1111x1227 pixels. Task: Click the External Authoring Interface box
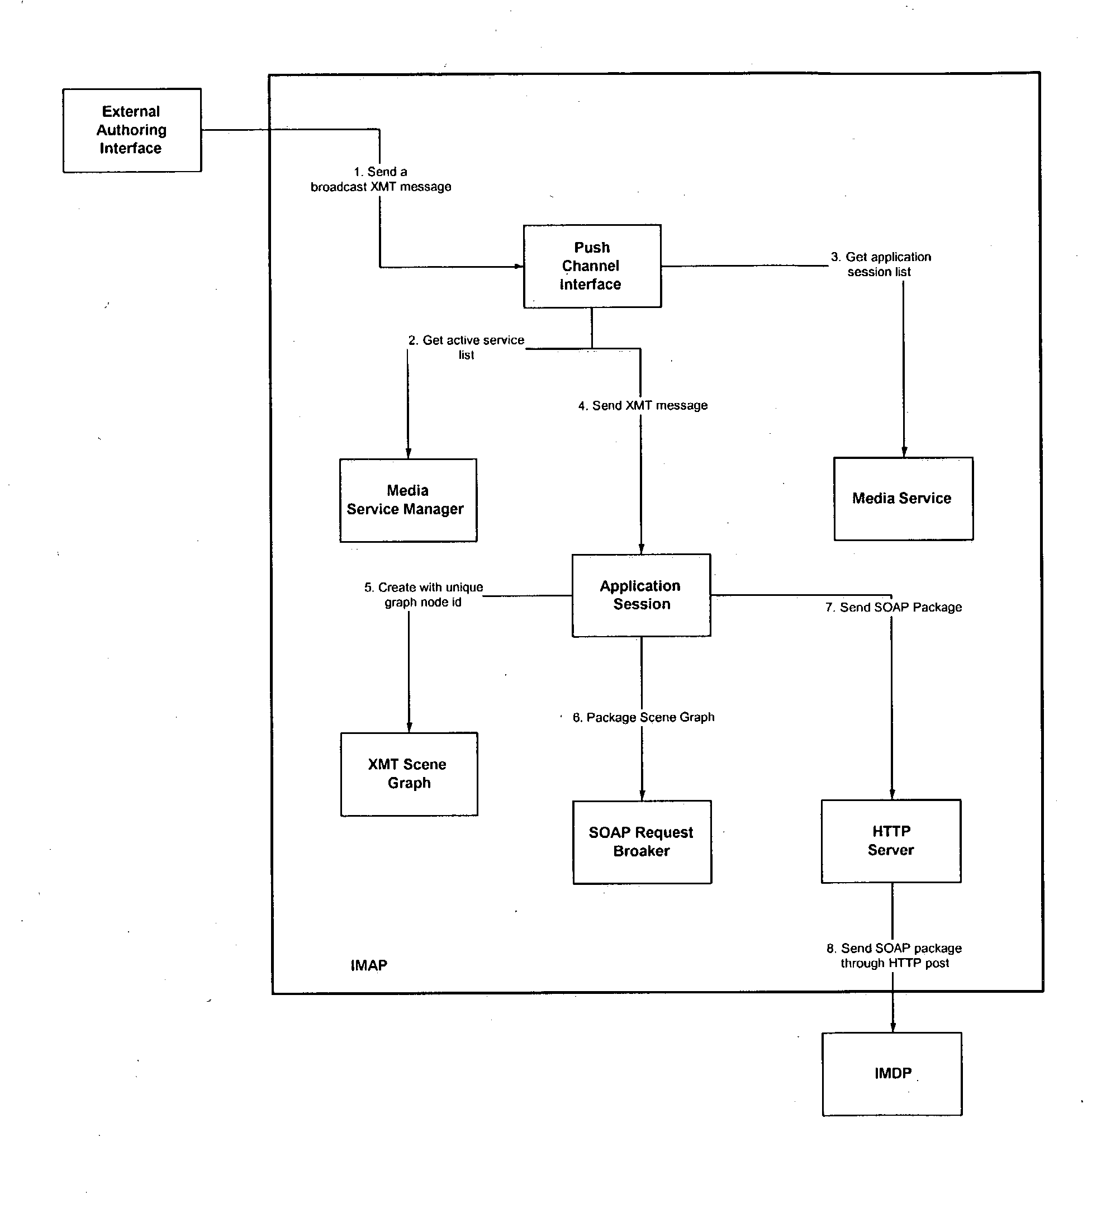[131, 130]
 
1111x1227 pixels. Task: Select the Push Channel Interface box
[591, 266]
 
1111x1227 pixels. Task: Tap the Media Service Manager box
[407, 500]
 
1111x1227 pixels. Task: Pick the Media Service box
[903, 499]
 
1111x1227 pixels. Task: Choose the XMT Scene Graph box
[409, 774]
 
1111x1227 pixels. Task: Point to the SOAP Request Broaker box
[642, 842]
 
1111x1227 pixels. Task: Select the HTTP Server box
[891, 841]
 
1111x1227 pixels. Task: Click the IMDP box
[891, 1074]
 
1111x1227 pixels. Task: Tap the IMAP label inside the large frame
[368, 965]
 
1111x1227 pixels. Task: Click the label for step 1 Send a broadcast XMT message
[381, 179]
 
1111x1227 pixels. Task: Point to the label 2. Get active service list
[466, 347]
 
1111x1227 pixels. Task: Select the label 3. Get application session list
[880, 264]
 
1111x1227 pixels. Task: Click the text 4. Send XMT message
[643, 405]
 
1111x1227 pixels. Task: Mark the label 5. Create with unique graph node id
[424, 595]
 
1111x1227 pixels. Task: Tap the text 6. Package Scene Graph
[643, 717]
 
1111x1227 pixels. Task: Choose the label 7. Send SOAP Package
[893, 607]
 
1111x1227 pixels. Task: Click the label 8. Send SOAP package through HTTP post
[894, 955]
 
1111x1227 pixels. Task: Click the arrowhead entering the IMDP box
[892, 1027]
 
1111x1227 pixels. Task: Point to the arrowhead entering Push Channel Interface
[519, 266]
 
